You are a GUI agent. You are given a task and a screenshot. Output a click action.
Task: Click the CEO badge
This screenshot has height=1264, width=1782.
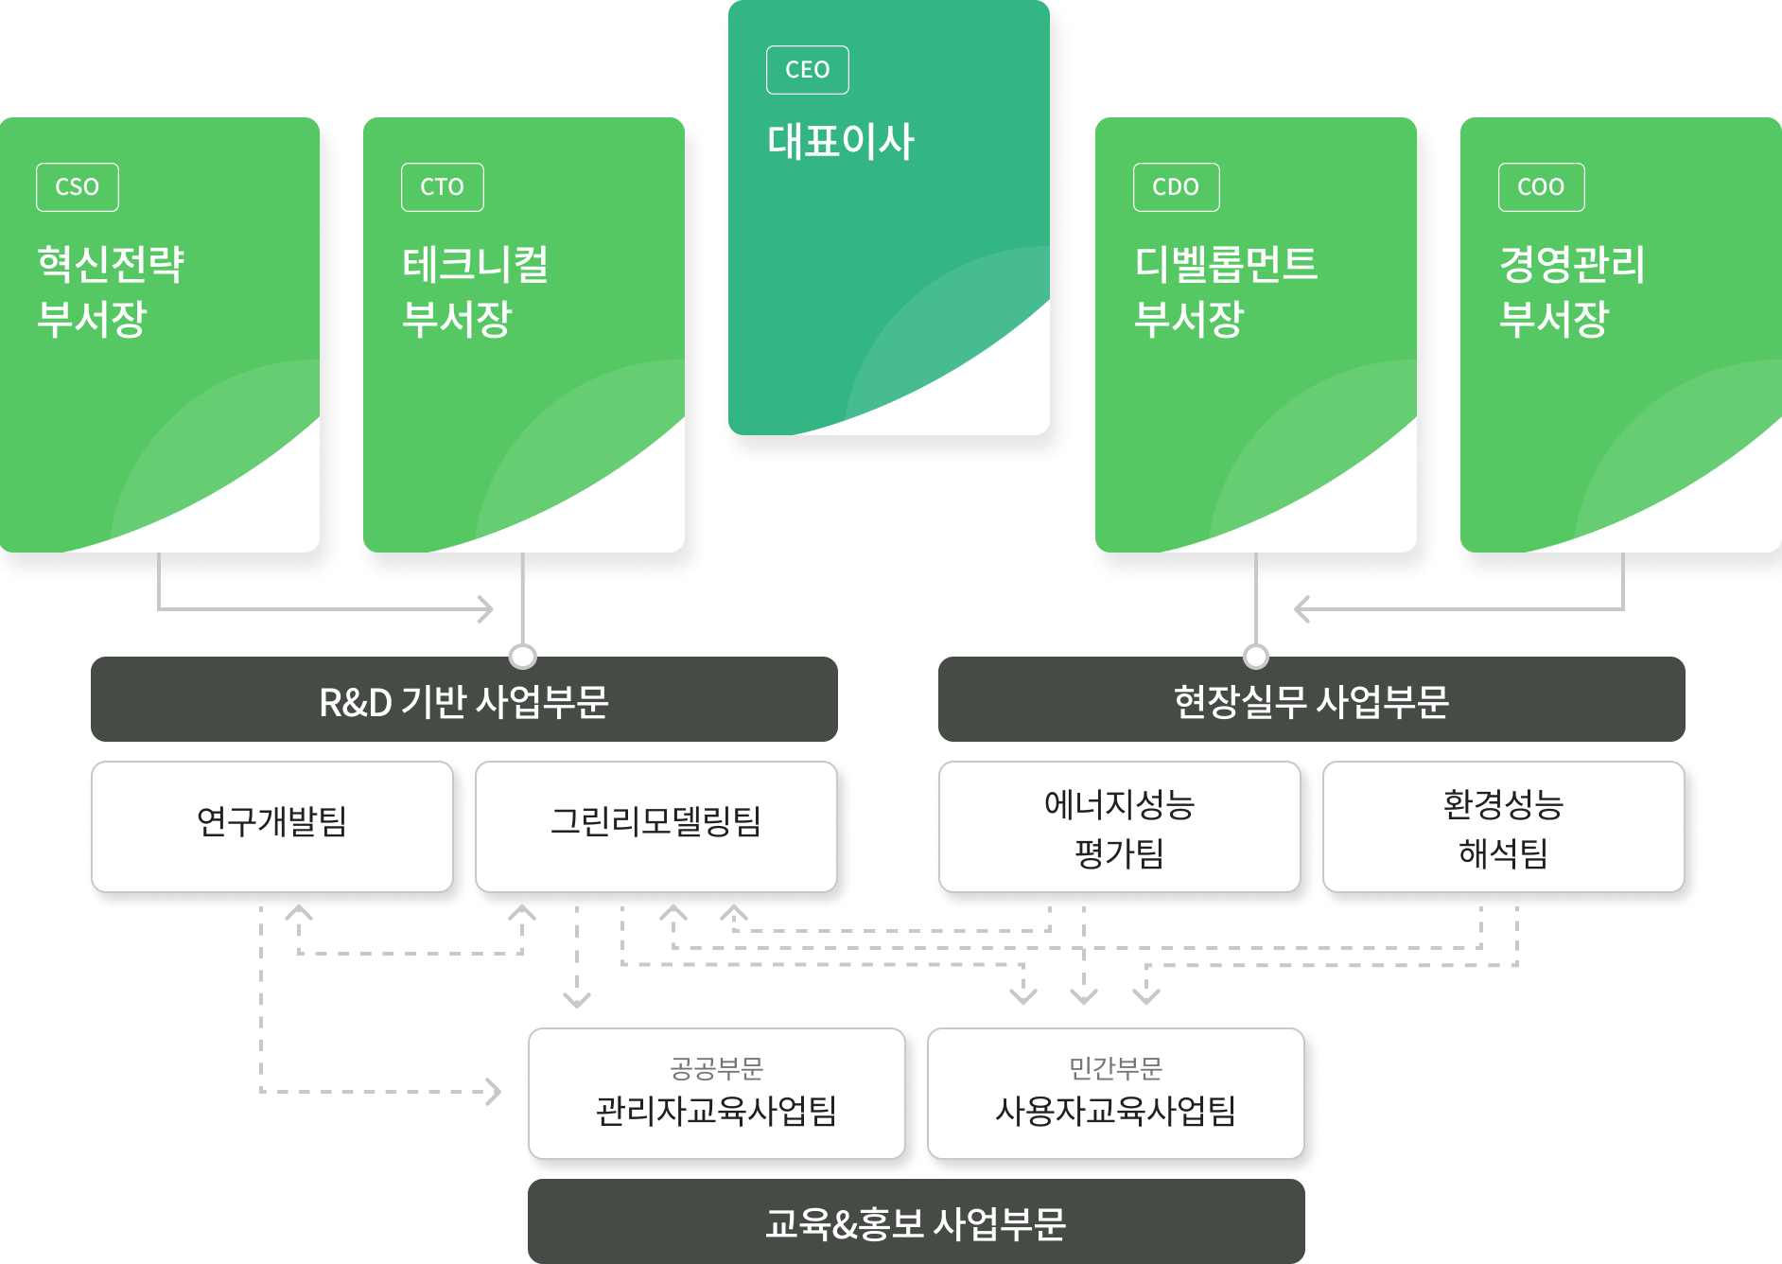coord(807,70)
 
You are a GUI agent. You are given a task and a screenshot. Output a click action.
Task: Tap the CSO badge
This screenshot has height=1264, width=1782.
coord(78,187)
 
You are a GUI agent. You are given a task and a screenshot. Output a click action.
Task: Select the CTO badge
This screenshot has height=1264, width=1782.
coord(442,187)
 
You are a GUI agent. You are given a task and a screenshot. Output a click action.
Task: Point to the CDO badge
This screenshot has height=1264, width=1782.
coord(1176,187)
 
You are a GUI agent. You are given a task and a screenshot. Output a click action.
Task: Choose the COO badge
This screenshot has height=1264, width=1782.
coord(1541,187)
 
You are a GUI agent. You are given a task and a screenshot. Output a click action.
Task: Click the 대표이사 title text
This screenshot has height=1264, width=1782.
coord(841,142)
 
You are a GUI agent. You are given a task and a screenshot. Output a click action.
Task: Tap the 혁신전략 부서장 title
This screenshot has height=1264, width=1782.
coord(111,290)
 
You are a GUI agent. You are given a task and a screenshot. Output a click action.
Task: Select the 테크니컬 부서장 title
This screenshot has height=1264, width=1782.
coord(476,290)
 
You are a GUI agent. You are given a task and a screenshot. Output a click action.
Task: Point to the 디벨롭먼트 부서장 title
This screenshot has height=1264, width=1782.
coord(1226,290)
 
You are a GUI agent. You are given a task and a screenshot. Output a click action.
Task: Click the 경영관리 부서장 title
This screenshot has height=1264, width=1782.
coord(1572,290)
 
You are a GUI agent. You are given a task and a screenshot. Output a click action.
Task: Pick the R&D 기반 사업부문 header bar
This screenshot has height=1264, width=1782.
coord(463,700)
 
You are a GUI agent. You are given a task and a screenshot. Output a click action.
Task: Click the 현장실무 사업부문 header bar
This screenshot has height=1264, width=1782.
coord(1311,700)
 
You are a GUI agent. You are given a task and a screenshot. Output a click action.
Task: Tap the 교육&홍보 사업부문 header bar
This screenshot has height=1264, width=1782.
coord(916,1222)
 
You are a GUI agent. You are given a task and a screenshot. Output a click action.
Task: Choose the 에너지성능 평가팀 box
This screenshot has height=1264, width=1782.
coord(1120,828)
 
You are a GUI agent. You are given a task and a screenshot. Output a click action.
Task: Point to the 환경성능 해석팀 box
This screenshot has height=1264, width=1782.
coord(1503,828)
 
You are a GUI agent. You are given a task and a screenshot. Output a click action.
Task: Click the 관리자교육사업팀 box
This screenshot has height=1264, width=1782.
coord(716,1095)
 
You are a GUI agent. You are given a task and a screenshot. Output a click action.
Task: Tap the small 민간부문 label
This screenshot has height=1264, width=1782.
coord(1115,1068)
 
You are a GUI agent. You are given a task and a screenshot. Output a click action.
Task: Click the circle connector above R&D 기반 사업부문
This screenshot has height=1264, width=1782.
coord(522,655)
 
